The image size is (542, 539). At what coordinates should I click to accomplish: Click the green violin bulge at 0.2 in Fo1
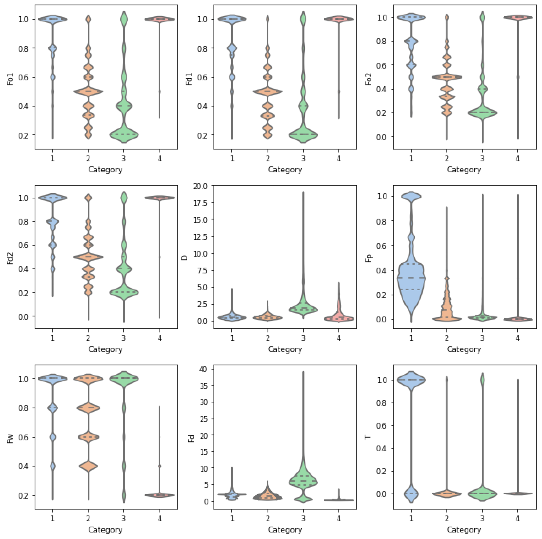(124, 135)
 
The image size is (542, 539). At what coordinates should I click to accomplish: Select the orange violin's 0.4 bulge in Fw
(88, 466)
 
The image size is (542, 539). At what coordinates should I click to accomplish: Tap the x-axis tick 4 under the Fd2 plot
(159, 338)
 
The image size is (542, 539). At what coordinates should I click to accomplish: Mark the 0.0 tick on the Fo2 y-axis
(381, 137)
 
